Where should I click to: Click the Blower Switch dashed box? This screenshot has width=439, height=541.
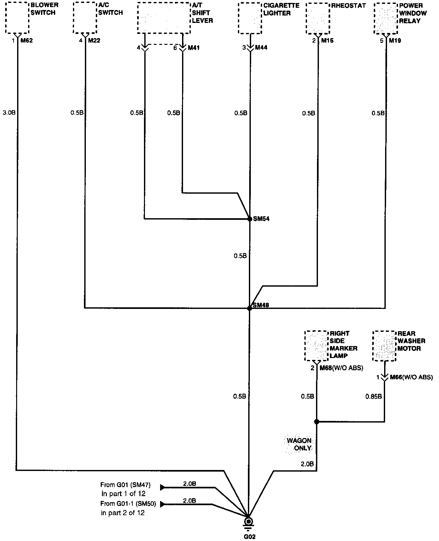[17, 18]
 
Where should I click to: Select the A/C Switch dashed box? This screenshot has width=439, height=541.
[85, 18]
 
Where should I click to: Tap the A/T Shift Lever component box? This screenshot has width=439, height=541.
[164, 18]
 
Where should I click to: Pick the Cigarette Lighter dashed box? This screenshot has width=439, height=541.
[250, 18]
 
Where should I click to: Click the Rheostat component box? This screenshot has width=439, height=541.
[318, 18]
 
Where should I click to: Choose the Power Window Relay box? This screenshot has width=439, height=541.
[385, 18]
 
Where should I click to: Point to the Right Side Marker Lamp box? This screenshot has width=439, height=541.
[316, 346]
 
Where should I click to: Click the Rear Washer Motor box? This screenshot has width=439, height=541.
[384, 346]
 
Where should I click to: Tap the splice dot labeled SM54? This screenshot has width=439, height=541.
[250, 219]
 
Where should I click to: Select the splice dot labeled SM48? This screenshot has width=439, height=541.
[249, 308]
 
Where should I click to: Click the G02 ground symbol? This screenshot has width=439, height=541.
[248, 522]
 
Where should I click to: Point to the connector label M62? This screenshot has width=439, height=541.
[26, 41]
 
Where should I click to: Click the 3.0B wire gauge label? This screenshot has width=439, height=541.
[9, 113]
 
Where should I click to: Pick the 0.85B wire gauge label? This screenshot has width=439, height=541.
[374, 396]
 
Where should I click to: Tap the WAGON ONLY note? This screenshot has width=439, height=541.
[299, 444]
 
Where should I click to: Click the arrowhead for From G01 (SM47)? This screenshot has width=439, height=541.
[162, 487]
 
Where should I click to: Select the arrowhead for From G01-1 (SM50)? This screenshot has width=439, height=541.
[162, 504]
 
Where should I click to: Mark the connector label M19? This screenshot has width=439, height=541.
[395, 41]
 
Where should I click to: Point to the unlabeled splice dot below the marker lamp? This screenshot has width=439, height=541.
[317, 422]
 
